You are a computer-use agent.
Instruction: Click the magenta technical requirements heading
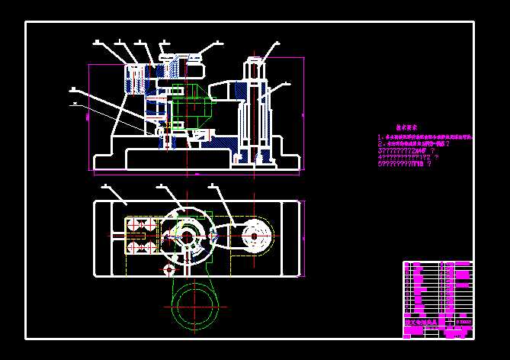coord(409,129)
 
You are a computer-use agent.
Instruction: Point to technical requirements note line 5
coord(409,162)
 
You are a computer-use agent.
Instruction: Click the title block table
coord(438,298)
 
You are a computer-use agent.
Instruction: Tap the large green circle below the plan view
coord(194,304)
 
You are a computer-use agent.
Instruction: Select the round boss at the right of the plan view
coord(255,236)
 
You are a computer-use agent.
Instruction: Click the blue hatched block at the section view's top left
coord(136,79)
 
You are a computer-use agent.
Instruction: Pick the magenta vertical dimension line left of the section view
coord(90,114)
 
